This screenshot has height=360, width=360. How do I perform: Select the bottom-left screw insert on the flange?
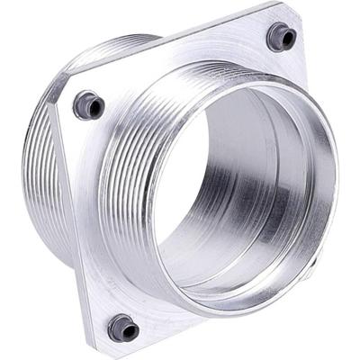pos(123,328)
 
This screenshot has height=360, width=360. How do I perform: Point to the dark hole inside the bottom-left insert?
pos(125,329)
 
